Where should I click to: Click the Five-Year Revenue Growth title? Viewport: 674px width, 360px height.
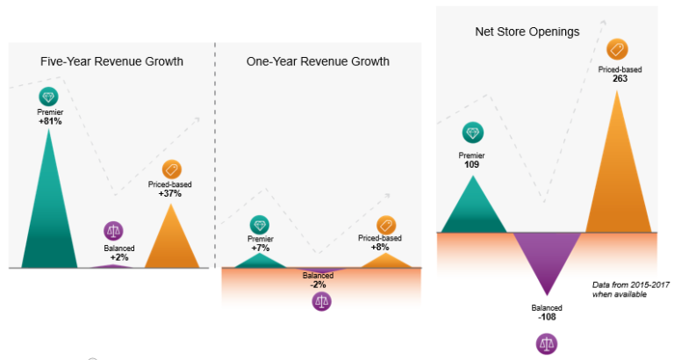[111, 61]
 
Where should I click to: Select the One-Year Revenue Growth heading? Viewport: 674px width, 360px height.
[318, 61]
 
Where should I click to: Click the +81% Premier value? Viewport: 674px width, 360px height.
[50, 121]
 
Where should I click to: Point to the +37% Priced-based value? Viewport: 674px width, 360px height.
[170, 193]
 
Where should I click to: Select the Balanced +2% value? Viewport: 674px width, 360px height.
[115, 257]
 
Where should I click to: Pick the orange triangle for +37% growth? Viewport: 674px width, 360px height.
[170, 241]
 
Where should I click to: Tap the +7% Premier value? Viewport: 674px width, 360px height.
[261, 248]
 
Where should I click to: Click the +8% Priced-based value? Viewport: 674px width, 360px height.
[380, 248]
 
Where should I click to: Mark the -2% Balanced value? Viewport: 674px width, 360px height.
[318, 284]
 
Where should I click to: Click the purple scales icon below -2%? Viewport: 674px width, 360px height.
[322, 302]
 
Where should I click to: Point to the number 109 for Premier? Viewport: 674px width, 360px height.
[472, 164]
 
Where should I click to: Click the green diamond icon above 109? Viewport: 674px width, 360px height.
[473, 133]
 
